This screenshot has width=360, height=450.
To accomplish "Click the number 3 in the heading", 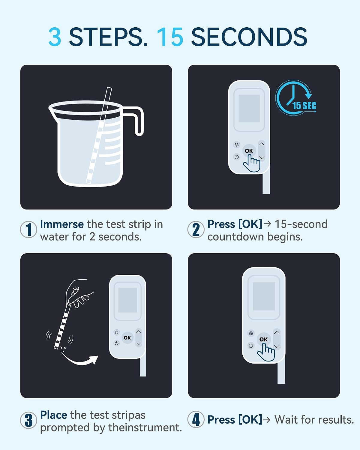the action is click(x=55, y=37).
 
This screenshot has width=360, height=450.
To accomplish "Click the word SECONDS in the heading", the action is click(x=249, y=37).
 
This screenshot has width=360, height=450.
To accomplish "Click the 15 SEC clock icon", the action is click(x=296, y=98).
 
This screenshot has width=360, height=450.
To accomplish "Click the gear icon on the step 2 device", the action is click(x=237, y=145).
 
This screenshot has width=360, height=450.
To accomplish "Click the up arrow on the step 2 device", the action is click(x=262, y=144).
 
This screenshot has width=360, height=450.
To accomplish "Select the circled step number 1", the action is click(x=28, y=229).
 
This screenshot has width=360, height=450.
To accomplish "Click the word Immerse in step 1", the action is click(x=62, y=224).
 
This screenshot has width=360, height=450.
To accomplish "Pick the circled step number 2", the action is click(x=196, y=229).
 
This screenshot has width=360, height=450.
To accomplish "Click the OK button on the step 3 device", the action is click(x=127, y=338).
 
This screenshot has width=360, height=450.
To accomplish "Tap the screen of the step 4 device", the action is click(x=264, y=296).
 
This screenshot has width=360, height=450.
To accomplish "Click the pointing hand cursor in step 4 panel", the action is click(x=266, y=352).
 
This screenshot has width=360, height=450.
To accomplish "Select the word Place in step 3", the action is click(x=54, y=415).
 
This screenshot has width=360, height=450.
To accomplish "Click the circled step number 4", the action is click(x=196, y=419).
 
